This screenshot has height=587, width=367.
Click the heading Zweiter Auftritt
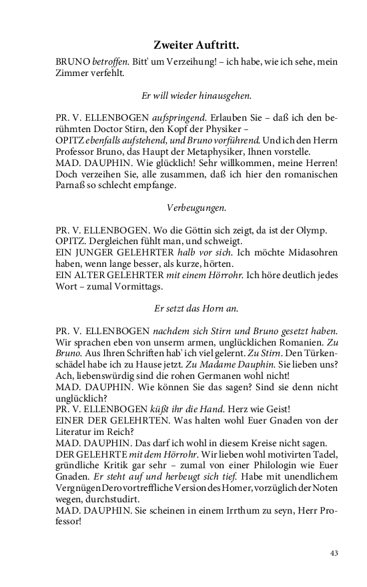(196, 45)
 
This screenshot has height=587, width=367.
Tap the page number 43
(334, 553)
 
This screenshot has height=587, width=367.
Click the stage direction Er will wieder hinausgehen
(196, 95)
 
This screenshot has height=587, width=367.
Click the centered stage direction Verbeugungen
(196, 207)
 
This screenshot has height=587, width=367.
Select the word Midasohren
(306, 252)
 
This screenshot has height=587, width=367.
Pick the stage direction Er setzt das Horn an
(196, 309)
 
